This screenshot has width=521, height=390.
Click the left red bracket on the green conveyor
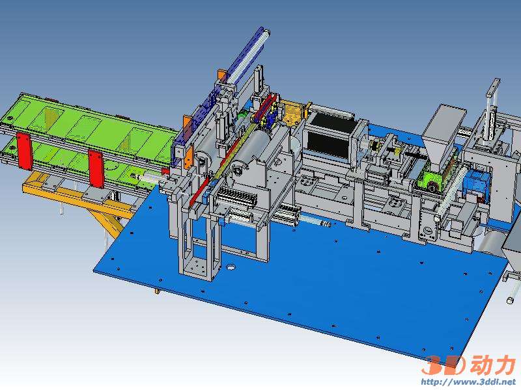tap(25, 151)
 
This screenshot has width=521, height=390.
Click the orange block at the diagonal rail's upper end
tap(222, 76)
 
